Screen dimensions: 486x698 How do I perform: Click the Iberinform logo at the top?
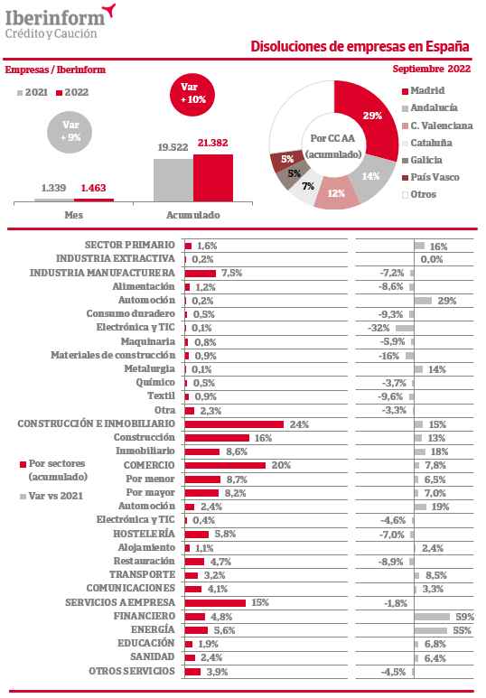61,22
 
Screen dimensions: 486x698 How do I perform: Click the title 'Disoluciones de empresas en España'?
360,46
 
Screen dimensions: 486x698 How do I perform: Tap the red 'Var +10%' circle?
192,94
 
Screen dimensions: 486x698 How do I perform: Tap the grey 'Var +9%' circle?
70,132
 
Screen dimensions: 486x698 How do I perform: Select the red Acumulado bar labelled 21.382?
213,178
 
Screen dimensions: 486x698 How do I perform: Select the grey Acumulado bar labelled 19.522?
173,180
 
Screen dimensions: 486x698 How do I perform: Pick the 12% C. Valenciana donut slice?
336,192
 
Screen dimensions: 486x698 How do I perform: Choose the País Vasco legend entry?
430,177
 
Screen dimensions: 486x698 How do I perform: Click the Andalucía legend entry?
429,107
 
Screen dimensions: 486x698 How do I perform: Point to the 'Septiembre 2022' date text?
431,69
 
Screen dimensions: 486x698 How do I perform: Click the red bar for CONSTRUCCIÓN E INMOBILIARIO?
234,424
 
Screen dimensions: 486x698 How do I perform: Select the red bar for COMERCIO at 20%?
226,465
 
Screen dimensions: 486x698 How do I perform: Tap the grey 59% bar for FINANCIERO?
432,617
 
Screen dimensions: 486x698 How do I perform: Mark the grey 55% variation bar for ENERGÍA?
431,630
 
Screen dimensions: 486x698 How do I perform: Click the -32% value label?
379,328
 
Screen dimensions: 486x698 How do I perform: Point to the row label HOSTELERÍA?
144,534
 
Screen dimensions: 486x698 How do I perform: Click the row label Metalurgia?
149,369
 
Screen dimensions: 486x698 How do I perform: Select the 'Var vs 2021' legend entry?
51,496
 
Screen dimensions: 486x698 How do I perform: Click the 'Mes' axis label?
73,215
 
